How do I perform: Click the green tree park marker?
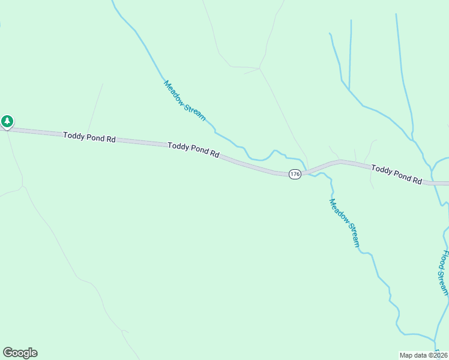point(7,122)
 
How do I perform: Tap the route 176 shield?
point(294,174)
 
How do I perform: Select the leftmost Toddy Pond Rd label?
point(89,137)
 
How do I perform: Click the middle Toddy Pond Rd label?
point(193,149)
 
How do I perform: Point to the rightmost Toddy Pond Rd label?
point(396,175)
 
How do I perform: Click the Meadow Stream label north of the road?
point(185,101)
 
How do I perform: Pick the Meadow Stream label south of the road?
point(345,223)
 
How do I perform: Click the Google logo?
point(20,353)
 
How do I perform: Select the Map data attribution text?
point(423,355)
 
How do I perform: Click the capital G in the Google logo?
point(8,353)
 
